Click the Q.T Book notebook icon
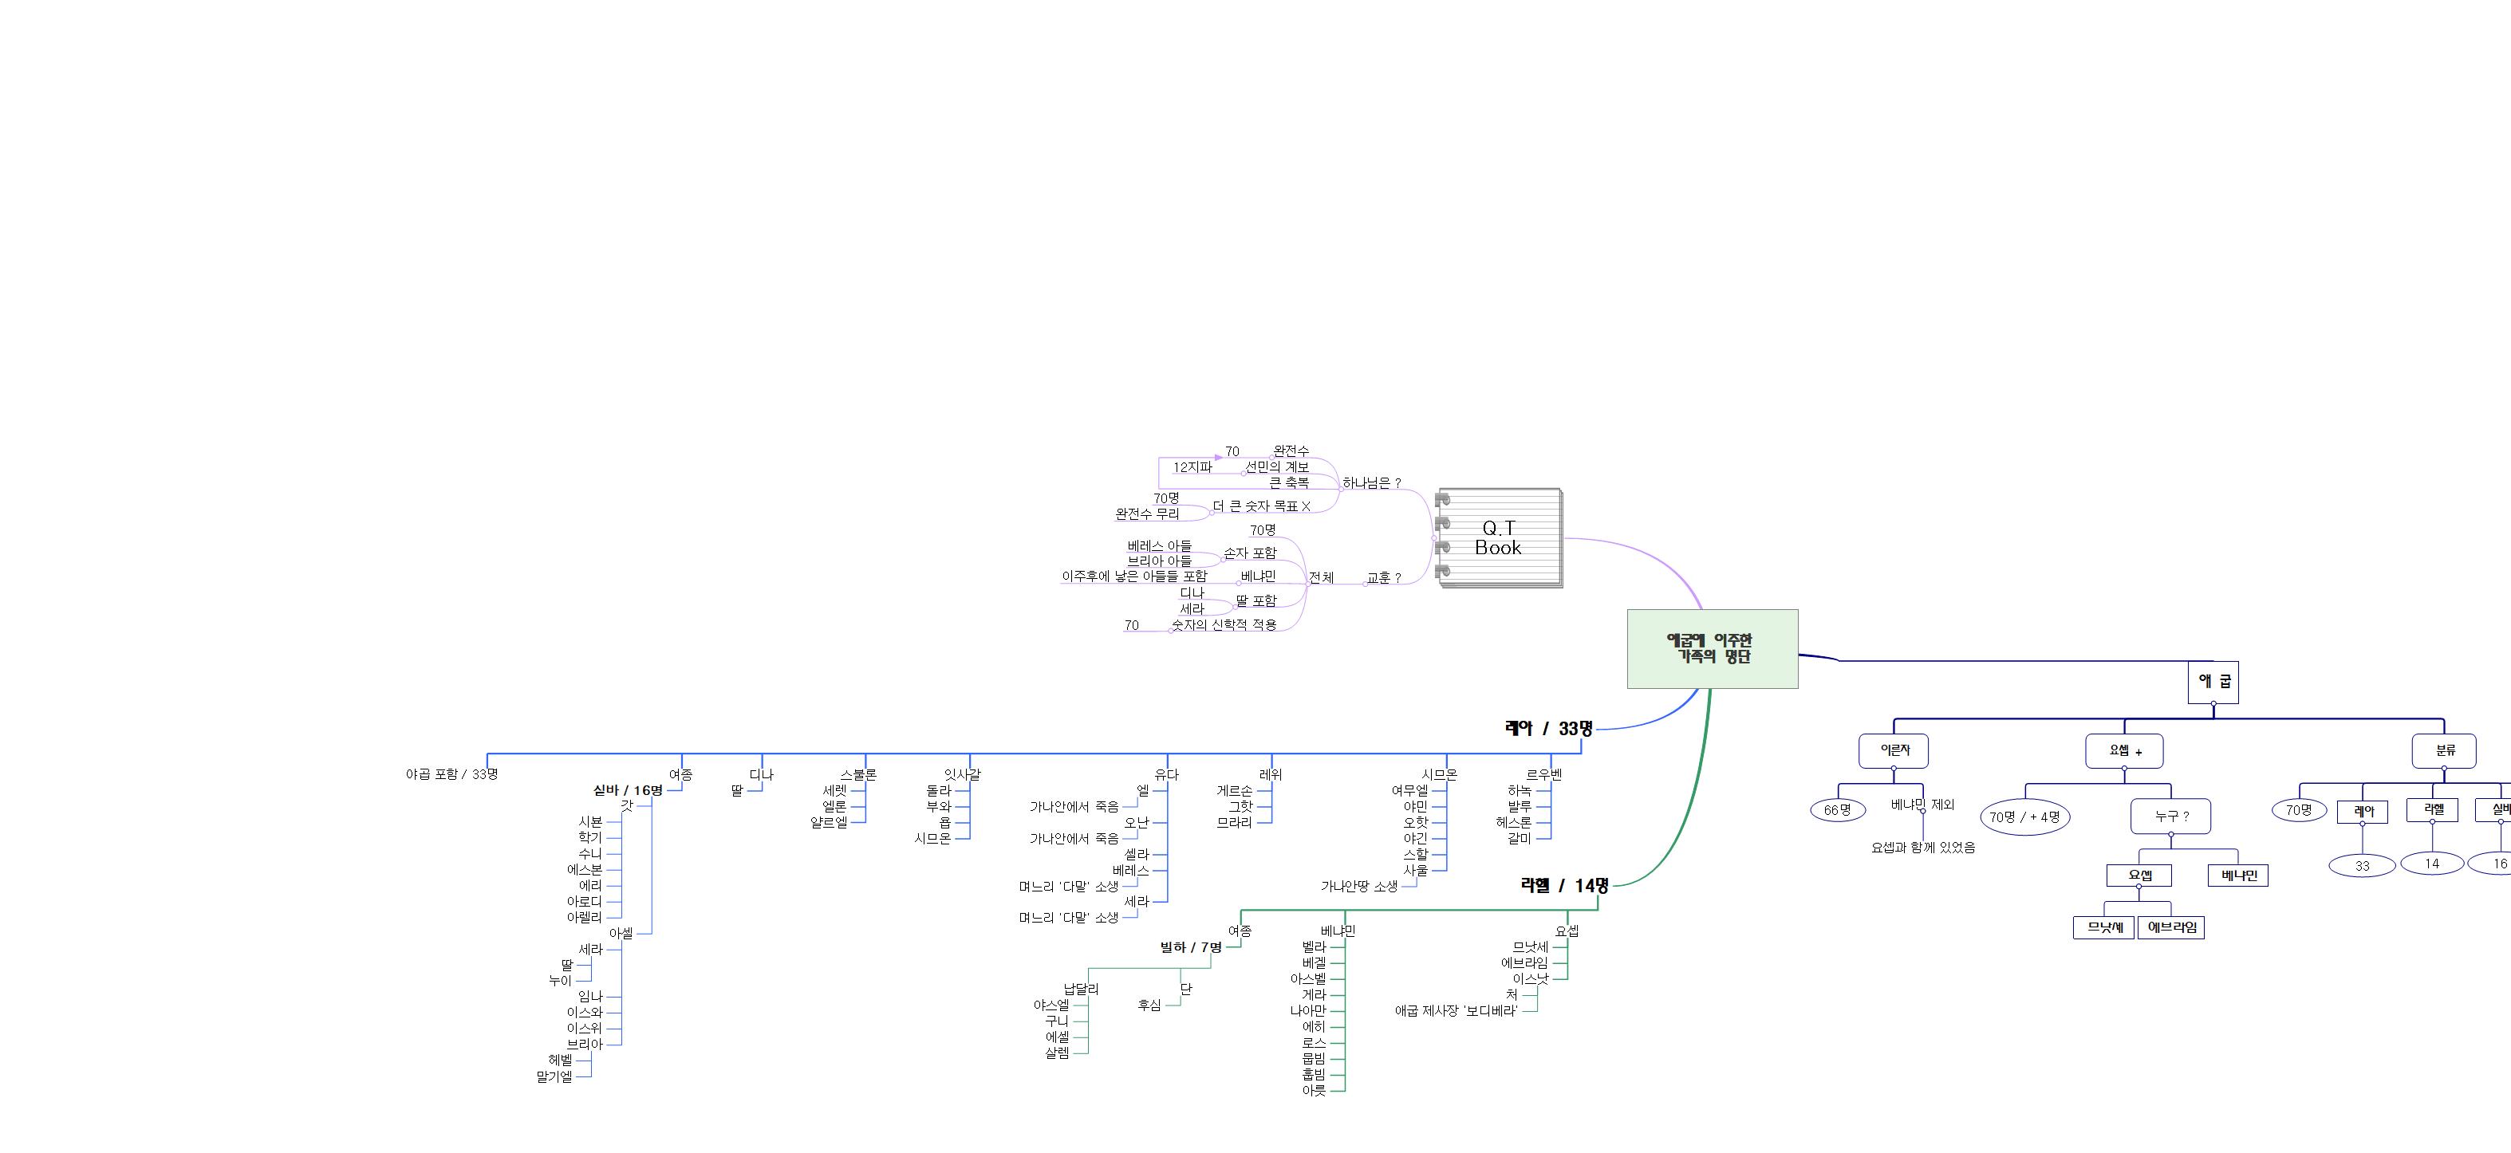coord(1500,538)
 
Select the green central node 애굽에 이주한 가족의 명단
coord(1712,649)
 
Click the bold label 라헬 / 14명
coord(1564,885)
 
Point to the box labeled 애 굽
coord(2213,681)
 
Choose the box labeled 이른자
coord(1893,750)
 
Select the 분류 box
coord(2444,750)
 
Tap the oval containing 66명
coord(1838,810)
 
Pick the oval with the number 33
coord(2362,865)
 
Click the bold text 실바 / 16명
coord(628,790)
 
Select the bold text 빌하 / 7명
coord(1190,947)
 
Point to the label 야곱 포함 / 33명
coord(452,774)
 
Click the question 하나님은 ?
coord(1371,482)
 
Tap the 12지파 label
coord(1192,466)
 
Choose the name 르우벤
coord(1544,775)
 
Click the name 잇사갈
coord(962,775)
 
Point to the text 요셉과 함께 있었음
coord(1922,848)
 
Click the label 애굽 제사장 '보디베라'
coord(1457,1011)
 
